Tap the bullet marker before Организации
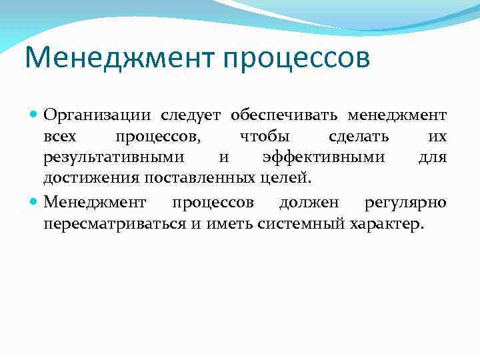tap(35, 115)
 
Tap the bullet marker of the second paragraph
tap(35, 202)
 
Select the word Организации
tap(97, 115)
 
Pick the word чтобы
tap(264, 137)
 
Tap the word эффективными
tap(323, 158)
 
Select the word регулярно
tap(406, 202)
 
